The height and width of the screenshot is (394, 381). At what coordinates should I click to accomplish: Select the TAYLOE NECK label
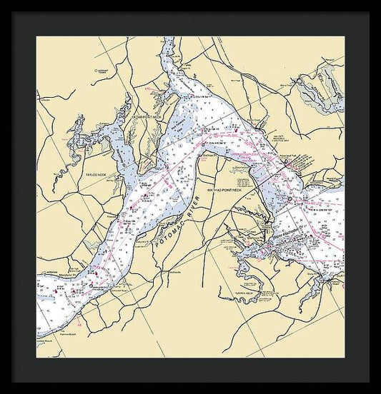tap(95, 173)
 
